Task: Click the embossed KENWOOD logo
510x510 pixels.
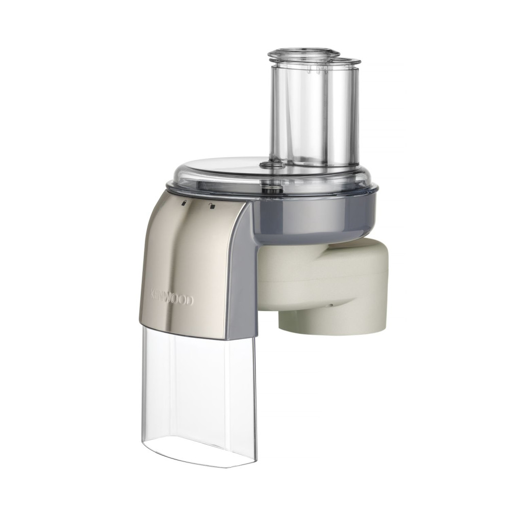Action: (x=172, y=298)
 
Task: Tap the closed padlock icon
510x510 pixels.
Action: (x=185, y=202)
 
